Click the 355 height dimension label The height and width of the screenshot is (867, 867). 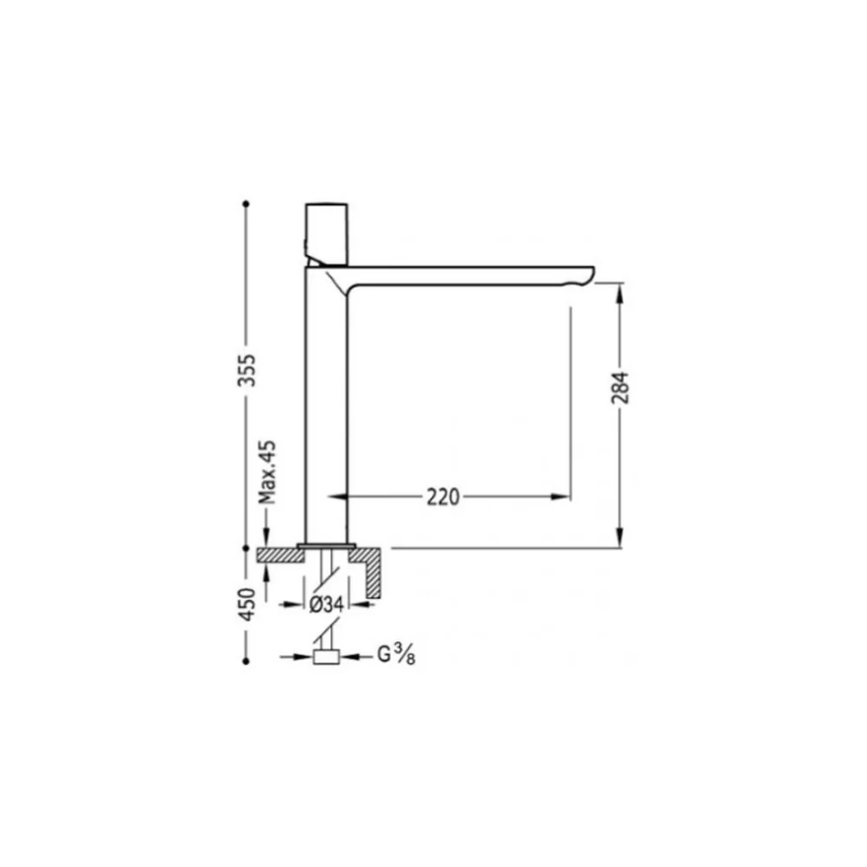pyautogui.click(x=247, y=370)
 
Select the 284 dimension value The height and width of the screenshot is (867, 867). pyautogui.click(x=621, y=388)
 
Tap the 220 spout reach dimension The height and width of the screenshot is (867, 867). pyautogui.click(x=443, y=497)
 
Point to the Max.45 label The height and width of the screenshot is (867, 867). pyautogui.click(x=268, y=473)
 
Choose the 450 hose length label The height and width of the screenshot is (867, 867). pyautogui.click(x=247, y=604)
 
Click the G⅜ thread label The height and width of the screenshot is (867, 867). pyautogui.click(x=396, y=655)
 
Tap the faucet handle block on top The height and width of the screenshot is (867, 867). pyautogui.click(x=327, y=234)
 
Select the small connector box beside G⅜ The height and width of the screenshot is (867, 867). pyautogui.click(x=326, y=657)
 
